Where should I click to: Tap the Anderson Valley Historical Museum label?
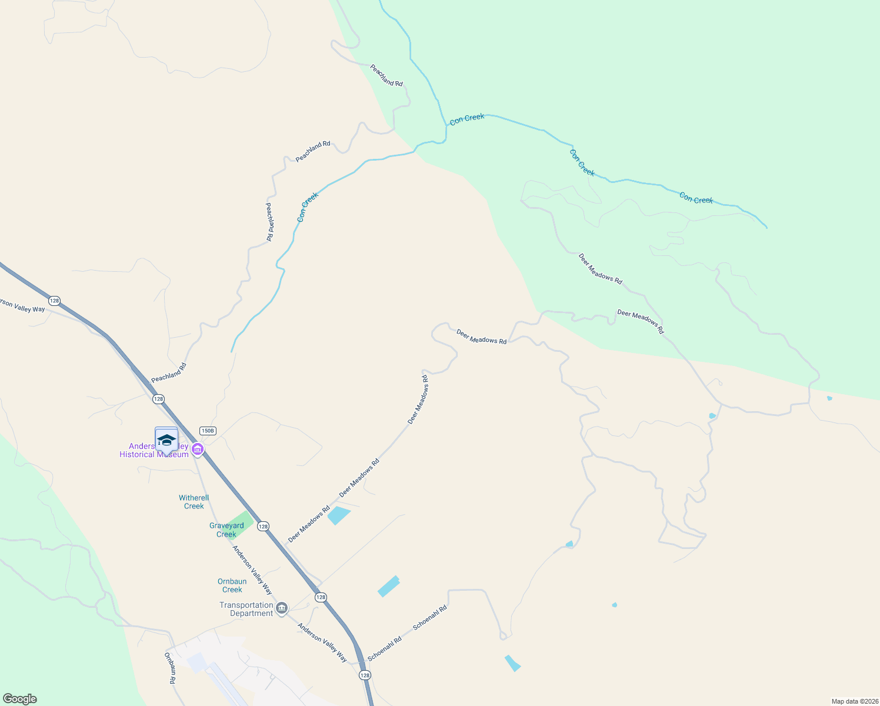point(154,451)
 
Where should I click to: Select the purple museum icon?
point(198,450)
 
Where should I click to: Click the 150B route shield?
point(208,431)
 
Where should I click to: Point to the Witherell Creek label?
point(194,502)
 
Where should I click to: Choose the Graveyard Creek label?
point(226,530)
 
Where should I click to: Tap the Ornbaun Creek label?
point(232,585)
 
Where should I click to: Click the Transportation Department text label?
point(246,609)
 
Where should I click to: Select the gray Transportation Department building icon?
point(282,608)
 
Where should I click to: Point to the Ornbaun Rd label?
point(170,667)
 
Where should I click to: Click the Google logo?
point(20,699)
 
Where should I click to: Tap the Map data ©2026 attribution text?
point(854,701)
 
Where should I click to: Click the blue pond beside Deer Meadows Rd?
point(338,515)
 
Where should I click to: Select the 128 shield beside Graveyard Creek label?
point(263,526)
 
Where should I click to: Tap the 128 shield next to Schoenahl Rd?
point(365,675)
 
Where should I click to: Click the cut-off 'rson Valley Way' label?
point(22,306)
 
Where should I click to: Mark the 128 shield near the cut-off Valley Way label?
point(54,301)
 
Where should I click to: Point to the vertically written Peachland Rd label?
point(269,222)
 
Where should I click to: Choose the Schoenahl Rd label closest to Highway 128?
point(385,648)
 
